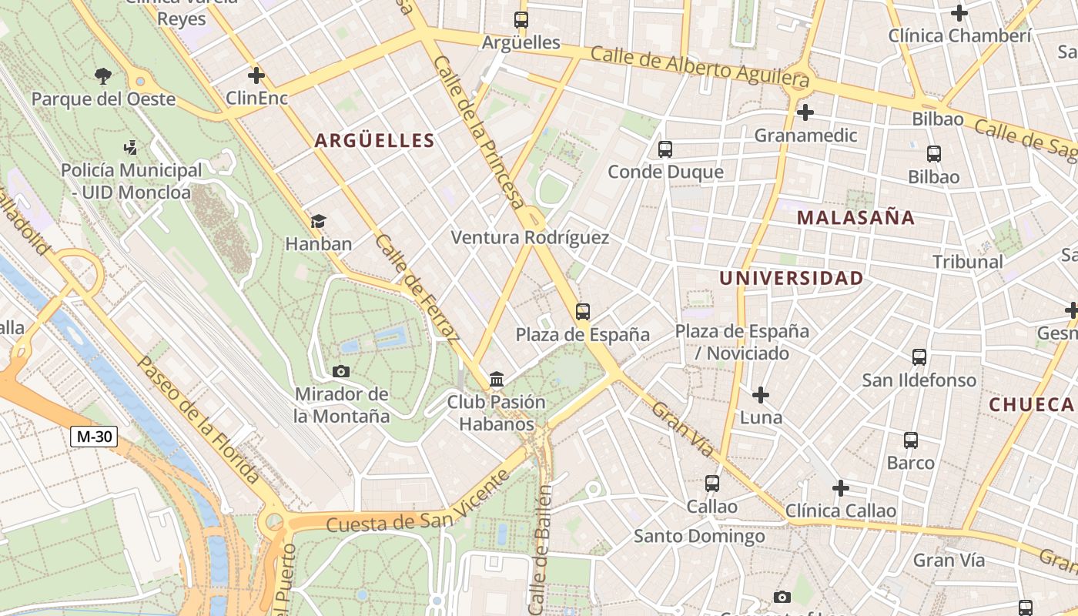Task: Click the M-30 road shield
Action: pos(94,437)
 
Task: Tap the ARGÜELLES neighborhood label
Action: pos(375,140)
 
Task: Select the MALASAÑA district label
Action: pos(855,218)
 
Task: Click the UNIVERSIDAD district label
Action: pos(791,279)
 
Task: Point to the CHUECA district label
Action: pos(1031,404)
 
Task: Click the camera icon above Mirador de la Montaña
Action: pos(341,372)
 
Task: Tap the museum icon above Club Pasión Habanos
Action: pos(497,380)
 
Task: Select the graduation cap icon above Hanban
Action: pos(318,222)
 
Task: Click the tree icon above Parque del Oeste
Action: pos(103,75)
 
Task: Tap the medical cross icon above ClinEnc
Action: pos(256,75)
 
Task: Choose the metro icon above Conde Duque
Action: pos(665,149)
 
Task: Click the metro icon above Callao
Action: pos(712,484)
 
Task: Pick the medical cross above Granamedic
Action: pos(805,113)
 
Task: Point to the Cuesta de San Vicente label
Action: pos(417,503)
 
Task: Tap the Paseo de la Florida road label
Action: pos(199,420)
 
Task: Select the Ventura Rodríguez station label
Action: pos(530,238)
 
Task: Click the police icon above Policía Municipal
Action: pos(131,147)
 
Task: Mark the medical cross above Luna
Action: pos(761,395)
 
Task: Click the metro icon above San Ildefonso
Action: pos(919,357)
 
